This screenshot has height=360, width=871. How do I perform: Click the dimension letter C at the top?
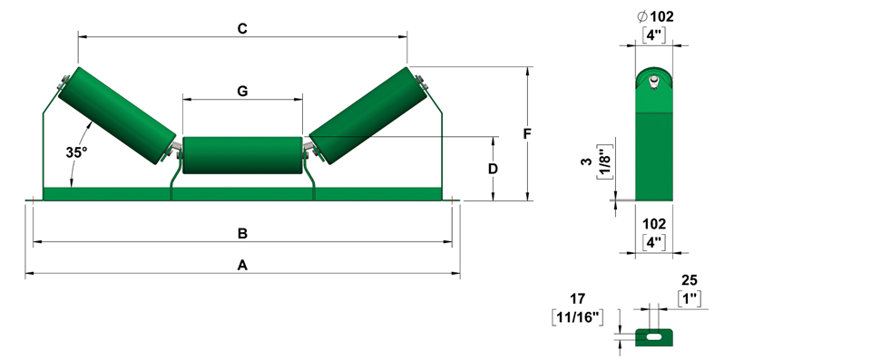coord(242,28)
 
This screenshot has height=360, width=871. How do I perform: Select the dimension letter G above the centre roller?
coord(243,91)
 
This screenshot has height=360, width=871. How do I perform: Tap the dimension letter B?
coord(242,233)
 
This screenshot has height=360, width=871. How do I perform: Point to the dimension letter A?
coord(242,266)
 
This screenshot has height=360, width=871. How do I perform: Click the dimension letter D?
coord(493,169)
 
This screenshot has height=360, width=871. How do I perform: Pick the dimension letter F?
coord(527,134)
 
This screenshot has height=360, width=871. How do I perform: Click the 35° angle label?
coord(76,152)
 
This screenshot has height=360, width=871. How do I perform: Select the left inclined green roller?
coord(117,115)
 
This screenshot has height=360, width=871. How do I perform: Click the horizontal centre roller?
coord(242,156)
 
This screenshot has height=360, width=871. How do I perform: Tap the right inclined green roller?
coord(368,115)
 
